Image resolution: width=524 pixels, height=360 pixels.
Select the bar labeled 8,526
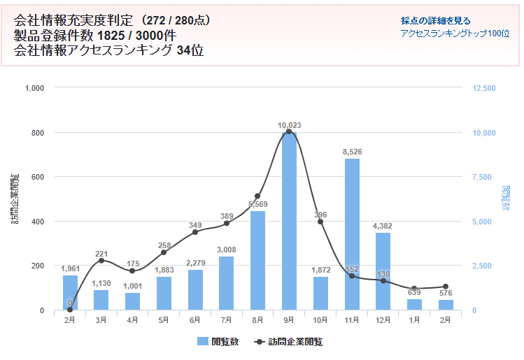click(352, 234)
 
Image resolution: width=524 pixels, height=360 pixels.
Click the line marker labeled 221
click(101, 261)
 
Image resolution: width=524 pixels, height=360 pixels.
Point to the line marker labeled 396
click(320, 222)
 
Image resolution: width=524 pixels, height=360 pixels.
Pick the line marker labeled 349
click(195, 232)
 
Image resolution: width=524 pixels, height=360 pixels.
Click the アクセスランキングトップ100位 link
click(455, 34)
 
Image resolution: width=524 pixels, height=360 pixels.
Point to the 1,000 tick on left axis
click(34, 88)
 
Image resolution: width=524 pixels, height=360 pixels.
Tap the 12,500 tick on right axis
click(484, 88)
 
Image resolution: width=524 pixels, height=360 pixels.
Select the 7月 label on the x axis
click(226, 320)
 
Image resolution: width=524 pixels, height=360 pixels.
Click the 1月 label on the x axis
click(414, 320)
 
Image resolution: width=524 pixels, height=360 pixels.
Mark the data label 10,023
click(289, 126)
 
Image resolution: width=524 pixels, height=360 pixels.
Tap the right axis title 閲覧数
click(506, 199)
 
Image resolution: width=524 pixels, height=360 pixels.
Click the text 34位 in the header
click(190, 50)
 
